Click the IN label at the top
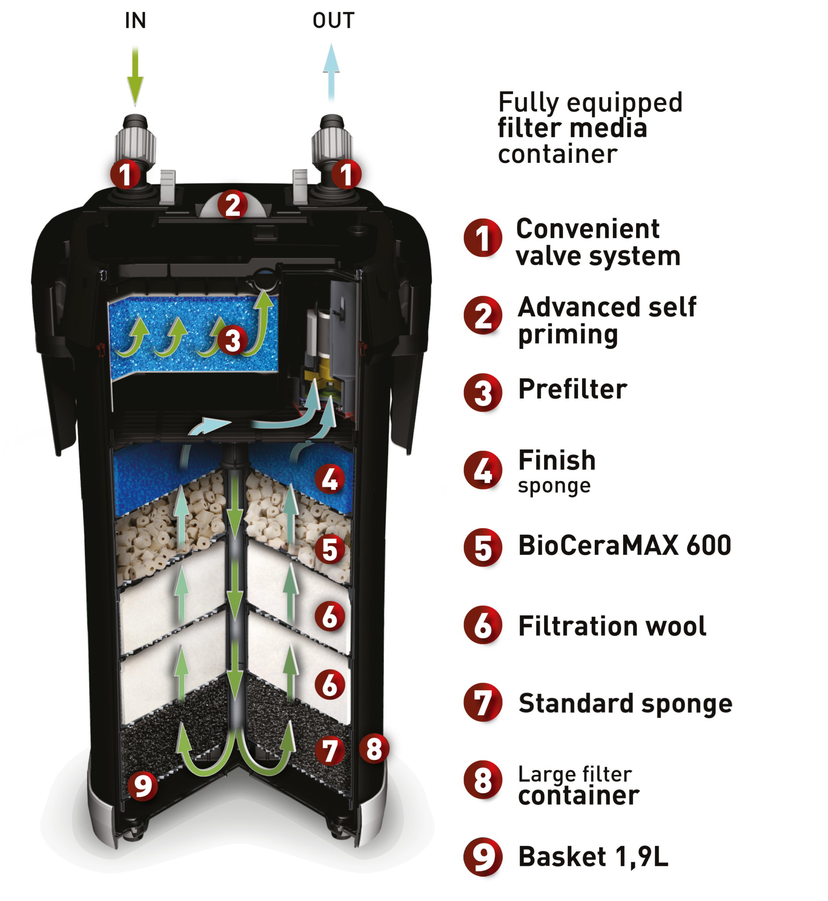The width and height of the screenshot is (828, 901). click(136, 21)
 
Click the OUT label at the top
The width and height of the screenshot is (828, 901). click(333, 21)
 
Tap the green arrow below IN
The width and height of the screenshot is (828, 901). click(135, 74)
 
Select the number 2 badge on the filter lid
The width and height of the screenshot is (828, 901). click(233, 205)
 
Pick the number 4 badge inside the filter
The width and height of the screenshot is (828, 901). click(330, 479)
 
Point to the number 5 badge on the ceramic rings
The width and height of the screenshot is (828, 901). click(330, 549)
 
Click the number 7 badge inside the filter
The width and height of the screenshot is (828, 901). click(330, 751)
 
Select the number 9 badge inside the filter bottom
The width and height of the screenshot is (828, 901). click(143, 785)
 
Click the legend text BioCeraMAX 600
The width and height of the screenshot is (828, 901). click(625, 545)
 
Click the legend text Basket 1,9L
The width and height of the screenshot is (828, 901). click(593, 857)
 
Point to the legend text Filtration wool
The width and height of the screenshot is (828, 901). click(612, 626)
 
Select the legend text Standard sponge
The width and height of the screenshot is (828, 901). click(625, 703)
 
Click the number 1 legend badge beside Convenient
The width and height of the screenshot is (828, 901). click(483, 238)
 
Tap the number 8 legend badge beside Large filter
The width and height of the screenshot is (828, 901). click(483, 780)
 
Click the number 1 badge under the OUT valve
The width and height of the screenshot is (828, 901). click(346, 174)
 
